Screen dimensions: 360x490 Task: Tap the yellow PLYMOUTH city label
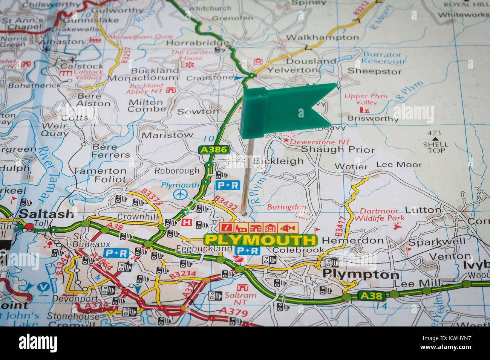click(260, 240)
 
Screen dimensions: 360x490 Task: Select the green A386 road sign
click(214, 150)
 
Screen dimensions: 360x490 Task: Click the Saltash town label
click(46, 214)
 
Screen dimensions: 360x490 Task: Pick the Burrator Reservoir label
click(383, 58)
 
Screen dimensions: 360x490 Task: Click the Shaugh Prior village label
click(338, 149)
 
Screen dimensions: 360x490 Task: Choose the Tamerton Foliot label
click(100, 175)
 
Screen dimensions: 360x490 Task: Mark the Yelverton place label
click(292, 70)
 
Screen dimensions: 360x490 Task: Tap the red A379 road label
click(234, 311)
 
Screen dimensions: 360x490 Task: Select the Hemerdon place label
click(348, 241)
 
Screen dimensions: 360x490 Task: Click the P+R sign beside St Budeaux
click(116, 253)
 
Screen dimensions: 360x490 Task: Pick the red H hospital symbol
click(186, 222)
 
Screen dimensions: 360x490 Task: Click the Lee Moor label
click(399, 165)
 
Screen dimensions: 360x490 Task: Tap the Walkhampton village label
click(322, 37)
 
